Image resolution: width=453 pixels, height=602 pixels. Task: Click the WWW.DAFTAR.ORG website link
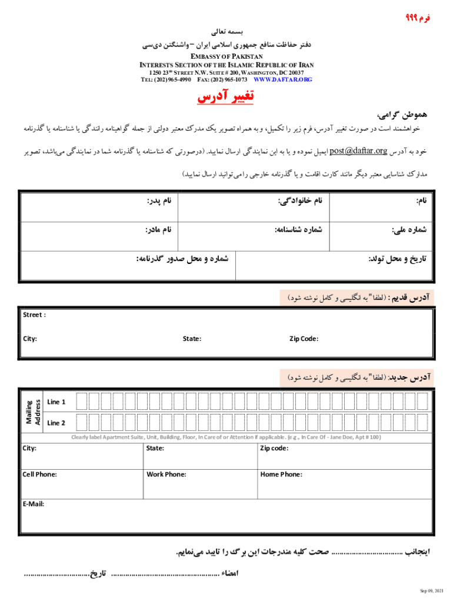(x=282, y=79)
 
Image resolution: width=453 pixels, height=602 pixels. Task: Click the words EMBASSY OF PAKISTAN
(x=226, y=56)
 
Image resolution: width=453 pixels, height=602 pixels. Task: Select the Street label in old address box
(x=34, y=315)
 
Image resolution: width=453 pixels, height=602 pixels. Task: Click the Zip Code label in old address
(x=304, y=339)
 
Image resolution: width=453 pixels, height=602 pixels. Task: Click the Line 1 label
(x=56, y=402)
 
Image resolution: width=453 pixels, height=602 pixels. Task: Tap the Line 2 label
(x=56, y=423)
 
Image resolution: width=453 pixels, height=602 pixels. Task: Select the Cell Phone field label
(x=39, y=474)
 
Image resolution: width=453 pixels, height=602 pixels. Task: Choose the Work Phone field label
(x=166, y=474)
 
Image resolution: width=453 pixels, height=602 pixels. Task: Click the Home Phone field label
(x=281, y=474)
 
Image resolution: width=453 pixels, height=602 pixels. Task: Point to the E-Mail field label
(x=34, y=504)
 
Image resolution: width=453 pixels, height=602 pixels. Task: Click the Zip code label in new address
(x=274, y=449)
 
